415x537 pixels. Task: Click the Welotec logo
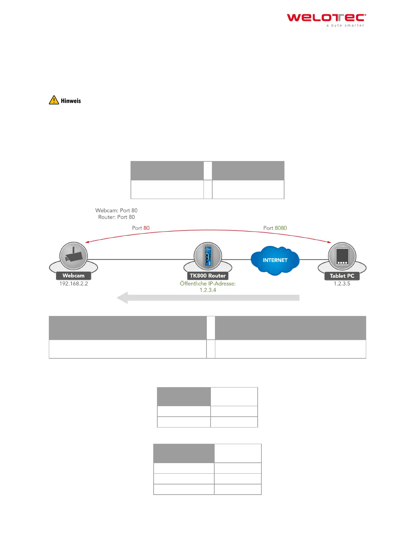[x=326, y=18]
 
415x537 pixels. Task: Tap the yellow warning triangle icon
[x=54, y=100]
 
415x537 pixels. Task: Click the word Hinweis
[x=71, y=101]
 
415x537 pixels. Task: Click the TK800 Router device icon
[x=208, y=256]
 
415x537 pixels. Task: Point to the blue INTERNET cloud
[x=275, y=260]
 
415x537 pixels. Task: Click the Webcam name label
[x=74, y=276]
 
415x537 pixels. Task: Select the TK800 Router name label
[x=208, y=276]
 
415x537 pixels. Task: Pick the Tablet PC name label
[x=342, y=276]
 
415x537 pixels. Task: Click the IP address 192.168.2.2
[x=74, y=283]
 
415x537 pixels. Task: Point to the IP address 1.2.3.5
[x=342, y=283]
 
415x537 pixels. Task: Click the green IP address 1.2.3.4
[x=208, y=290]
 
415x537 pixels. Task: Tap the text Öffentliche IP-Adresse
[x=208, y=283]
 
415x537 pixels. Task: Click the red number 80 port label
[x=146, y=228]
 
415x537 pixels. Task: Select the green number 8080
[x=281, y=228]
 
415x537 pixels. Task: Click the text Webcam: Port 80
[x=116, y=211]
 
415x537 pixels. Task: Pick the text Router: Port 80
[x=116, y=217]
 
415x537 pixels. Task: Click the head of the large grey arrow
[x=122, y=298]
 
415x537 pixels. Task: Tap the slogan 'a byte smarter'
[x=345, y=25]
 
